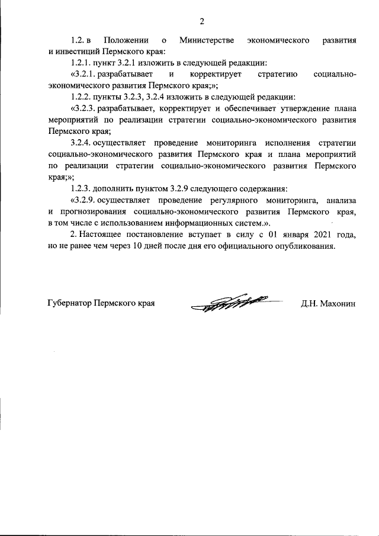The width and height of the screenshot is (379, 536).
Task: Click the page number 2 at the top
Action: pyautogui.click(x=201, y=23)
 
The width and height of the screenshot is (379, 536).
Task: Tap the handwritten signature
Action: pyautogui.click(x=231, y=303)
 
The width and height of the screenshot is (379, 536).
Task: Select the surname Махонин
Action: pyautogui.click(x=339, y=303)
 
